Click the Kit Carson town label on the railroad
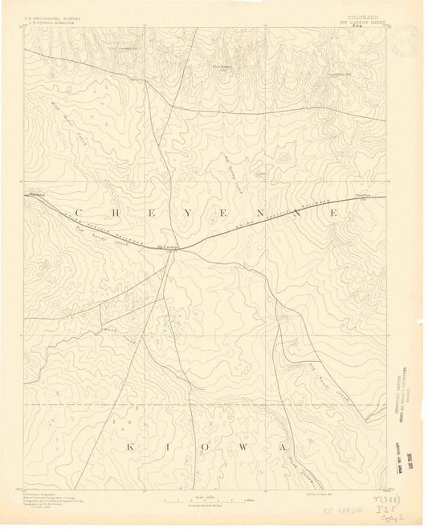167,246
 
